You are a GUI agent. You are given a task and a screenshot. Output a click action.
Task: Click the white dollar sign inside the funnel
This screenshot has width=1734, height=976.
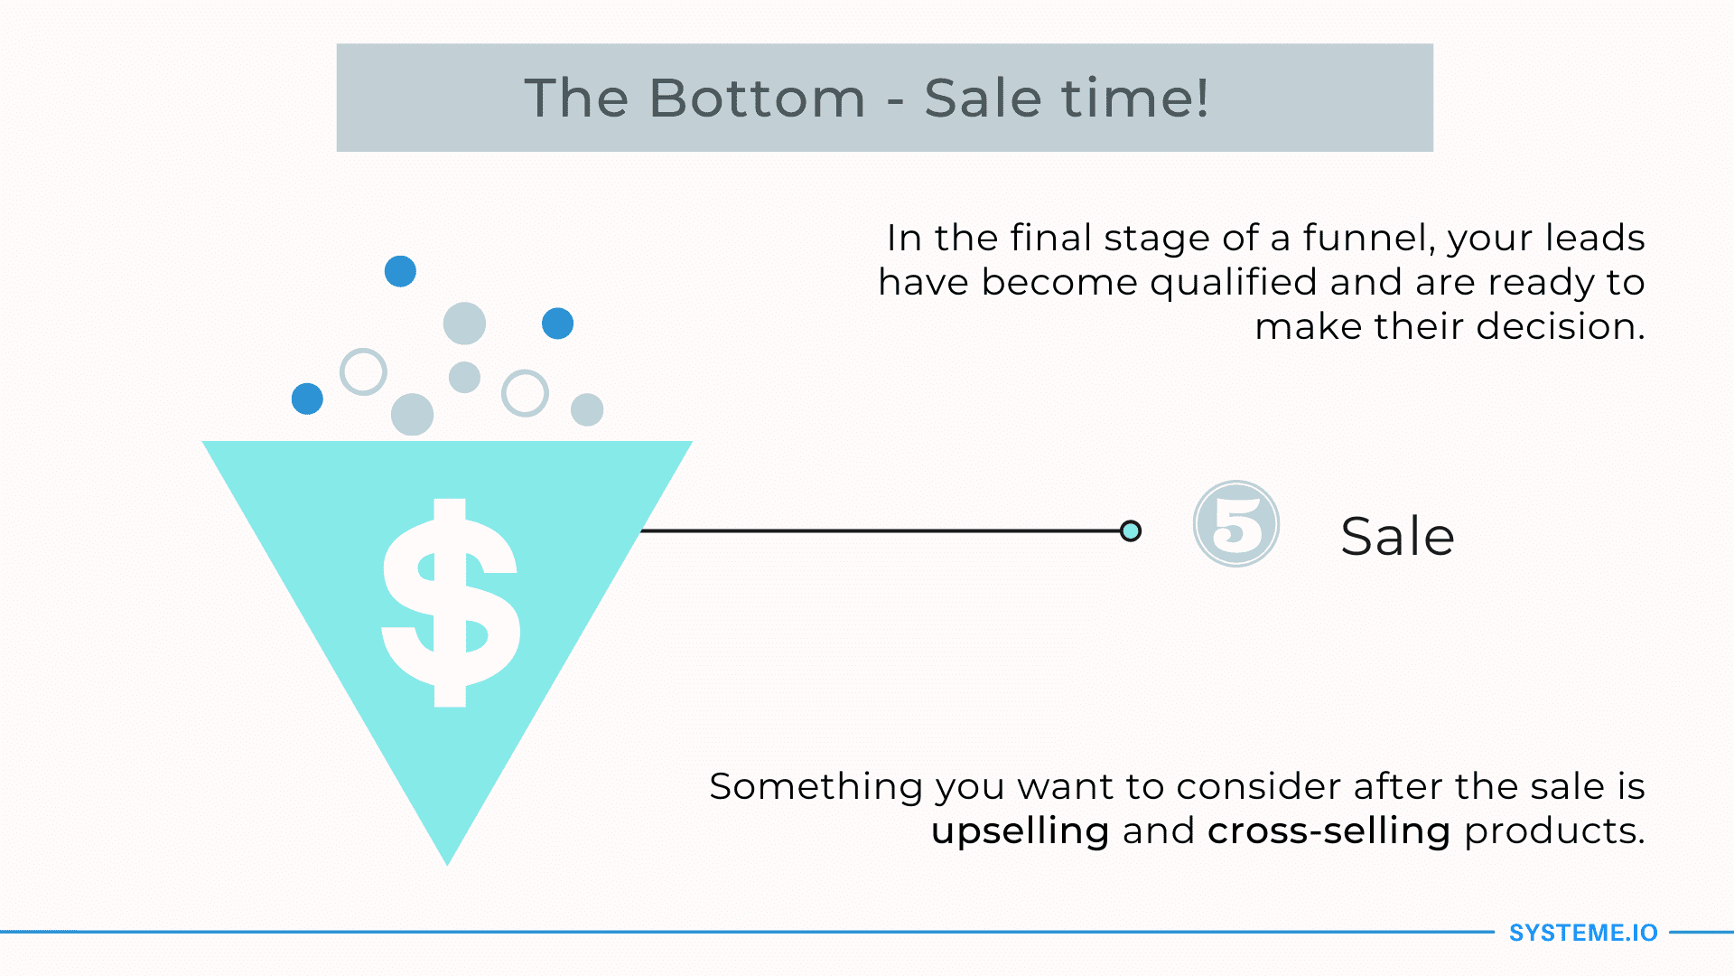pos(451,603)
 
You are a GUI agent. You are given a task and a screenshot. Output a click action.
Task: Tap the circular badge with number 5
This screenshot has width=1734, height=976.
pos(1235,524)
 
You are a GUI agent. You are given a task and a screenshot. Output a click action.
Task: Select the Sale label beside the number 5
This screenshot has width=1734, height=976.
pos(1397,536)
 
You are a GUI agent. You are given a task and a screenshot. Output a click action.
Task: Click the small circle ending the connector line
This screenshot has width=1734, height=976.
pos(1130,530)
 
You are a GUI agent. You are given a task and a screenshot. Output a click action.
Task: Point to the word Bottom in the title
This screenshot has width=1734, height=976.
pos(757,98)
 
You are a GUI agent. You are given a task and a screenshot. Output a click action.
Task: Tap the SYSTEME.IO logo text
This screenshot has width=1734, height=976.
pos(1583,933)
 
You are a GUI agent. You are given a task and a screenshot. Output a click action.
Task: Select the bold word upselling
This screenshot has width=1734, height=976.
pos(1020,831)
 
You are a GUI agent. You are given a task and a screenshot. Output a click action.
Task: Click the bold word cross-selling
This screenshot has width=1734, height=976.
pos(1328,831)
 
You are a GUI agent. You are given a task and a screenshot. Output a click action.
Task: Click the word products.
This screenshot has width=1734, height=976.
pos(1554,831)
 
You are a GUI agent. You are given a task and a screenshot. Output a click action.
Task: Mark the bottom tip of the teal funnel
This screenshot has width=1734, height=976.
pos(447,865)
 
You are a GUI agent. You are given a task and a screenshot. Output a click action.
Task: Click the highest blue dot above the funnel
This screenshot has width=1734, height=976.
pos(400,271)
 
